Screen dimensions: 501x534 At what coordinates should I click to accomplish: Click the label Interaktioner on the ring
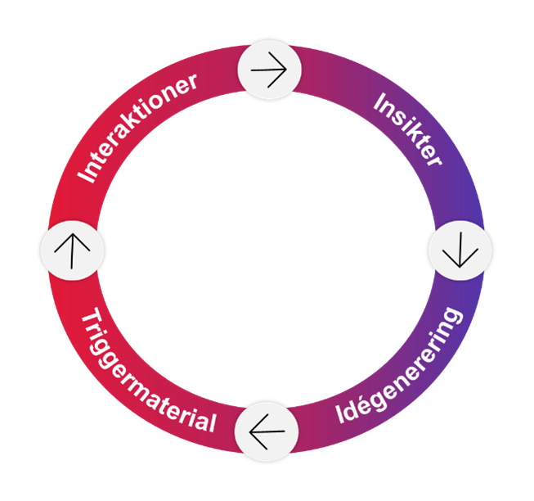pos(138,127)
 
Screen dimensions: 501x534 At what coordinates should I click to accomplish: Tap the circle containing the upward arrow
pos(72,249)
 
